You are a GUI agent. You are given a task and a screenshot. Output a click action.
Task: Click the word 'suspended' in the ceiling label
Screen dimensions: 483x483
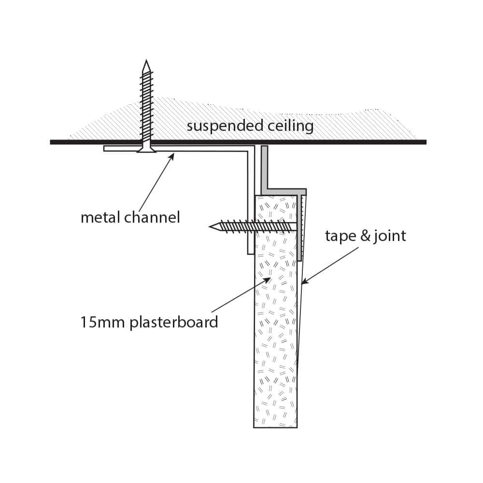[x=225, y=126]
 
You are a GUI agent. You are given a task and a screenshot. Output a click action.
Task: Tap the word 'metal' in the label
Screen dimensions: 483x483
[x=100, y=217]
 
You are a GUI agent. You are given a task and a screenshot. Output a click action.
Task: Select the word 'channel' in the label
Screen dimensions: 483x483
[x=152, y=217]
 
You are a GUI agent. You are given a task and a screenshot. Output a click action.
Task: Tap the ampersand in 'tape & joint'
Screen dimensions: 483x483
[x=365, y=236]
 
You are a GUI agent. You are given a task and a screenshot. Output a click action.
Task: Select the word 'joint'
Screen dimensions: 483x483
[x=390, y=236]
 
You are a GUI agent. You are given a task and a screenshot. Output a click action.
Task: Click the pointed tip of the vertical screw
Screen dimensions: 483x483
[x=146, y=60]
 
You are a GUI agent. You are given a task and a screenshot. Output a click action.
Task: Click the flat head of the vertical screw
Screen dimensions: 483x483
[x=146, y=150]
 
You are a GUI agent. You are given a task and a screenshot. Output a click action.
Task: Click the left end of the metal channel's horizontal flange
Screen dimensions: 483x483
[x=104, y=148]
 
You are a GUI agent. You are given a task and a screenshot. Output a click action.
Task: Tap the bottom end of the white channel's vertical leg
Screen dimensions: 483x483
[x=251, y=254]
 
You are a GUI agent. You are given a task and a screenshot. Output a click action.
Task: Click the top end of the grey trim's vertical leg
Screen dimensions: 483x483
[x=264, y=147]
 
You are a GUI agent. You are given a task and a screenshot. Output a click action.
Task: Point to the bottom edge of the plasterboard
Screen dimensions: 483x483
[x=275, y=427]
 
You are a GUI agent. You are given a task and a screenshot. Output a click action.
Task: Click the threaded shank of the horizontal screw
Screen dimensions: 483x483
[x=256, y=227]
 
